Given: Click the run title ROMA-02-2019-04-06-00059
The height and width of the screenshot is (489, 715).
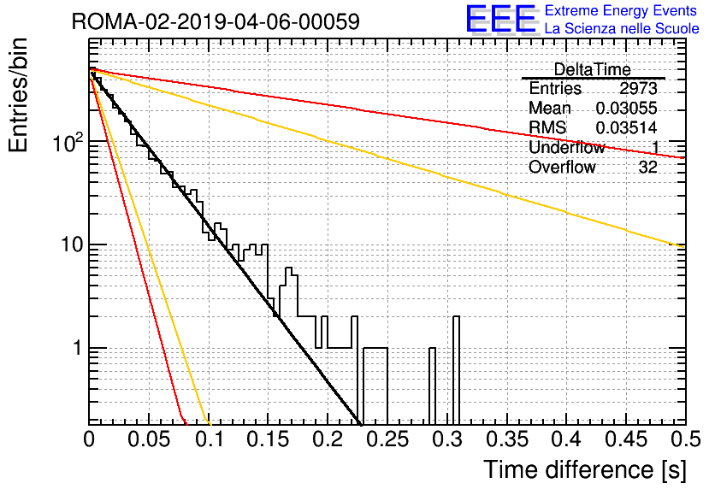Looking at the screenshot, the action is pos(216,21).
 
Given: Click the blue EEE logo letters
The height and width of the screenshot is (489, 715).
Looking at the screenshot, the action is pos(501,19).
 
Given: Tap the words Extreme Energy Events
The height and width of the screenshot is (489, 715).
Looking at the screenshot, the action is pos(621,10).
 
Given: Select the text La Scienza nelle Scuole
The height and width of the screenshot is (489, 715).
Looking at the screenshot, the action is pos(622,28).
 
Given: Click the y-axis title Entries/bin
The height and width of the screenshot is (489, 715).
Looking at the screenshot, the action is pos(18,95).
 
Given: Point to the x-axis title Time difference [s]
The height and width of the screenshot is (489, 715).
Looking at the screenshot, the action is pos(585,469).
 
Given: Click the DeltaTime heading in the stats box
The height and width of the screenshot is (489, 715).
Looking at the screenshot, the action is pos(593,69).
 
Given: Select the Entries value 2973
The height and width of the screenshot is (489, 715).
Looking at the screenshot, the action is pos(638,88).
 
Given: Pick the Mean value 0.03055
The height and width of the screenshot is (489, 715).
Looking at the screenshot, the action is pos(627,108).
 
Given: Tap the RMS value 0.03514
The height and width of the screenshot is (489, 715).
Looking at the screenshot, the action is pos(627,127).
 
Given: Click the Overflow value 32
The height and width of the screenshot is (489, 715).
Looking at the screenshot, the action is pos(648,168).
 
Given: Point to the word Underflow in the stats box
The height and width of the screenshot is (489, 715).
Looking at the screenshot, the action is pos(566,147).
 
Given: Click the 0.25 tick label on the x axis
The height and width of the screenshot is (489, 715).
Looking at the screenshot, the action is pos(387,439).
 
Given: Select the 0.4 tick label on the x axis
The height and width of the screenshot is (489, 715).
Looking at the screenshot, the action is pos(567,439).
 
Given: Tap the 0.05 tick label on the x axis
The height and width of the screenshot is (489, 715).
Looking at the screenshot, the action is pos(149,439).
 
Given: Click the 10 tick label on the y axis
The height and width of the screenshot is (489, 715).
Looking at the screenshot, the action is pos(72,244).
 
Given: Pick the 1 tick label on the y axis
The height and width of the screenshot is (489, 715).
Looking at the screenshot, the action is pos(77,348).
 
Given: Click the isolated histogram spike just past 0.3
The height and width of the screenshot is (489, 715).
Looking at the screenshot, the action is pos(456,369).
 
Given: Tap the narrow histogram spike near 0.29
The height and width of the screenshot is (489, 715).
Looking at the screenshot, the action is pos(432,386).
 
